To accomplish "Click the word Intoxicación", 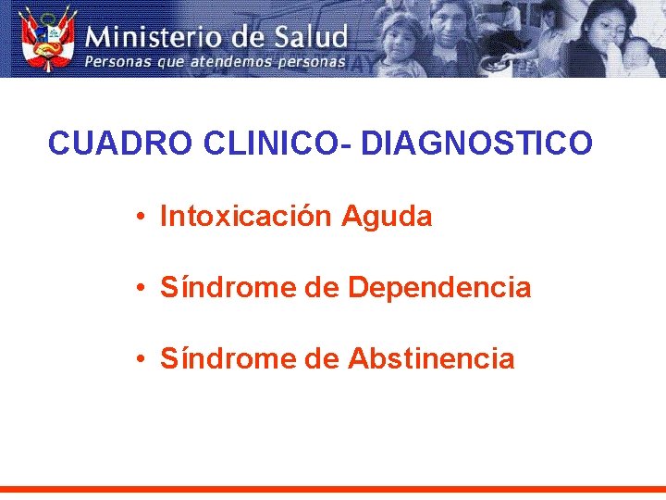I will click(x=245, y=217).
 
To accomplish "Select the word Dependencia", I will click(x=439, y=288).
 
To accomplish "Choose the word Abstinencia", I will click(x=431, y=358).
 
